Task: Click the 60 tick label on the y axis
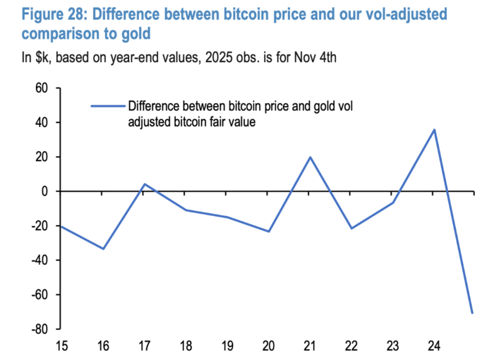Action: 41,89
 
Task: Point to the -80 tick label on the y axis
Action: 37,329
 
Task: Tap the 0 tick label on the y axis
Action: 44,191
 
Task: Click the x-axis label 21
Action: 310,347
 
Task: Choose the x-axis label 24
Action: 434,347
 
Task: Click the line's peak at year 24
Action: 435,129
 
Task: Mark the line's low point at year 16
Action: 103,248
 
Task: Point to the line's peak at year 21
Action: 311,157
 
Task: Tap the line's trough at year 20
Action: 269,232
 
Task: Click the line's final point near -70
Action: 471,313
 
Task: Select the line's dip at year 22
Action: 351,229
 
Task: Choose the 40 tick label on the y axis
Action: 41,123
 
